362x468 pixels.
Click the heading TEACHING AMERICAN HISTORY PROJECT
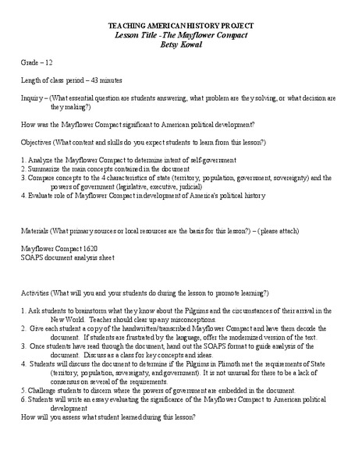[180, 26]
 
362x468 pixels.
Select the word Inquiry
[33, 98]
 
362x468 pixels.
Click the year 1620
[91, 248]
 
